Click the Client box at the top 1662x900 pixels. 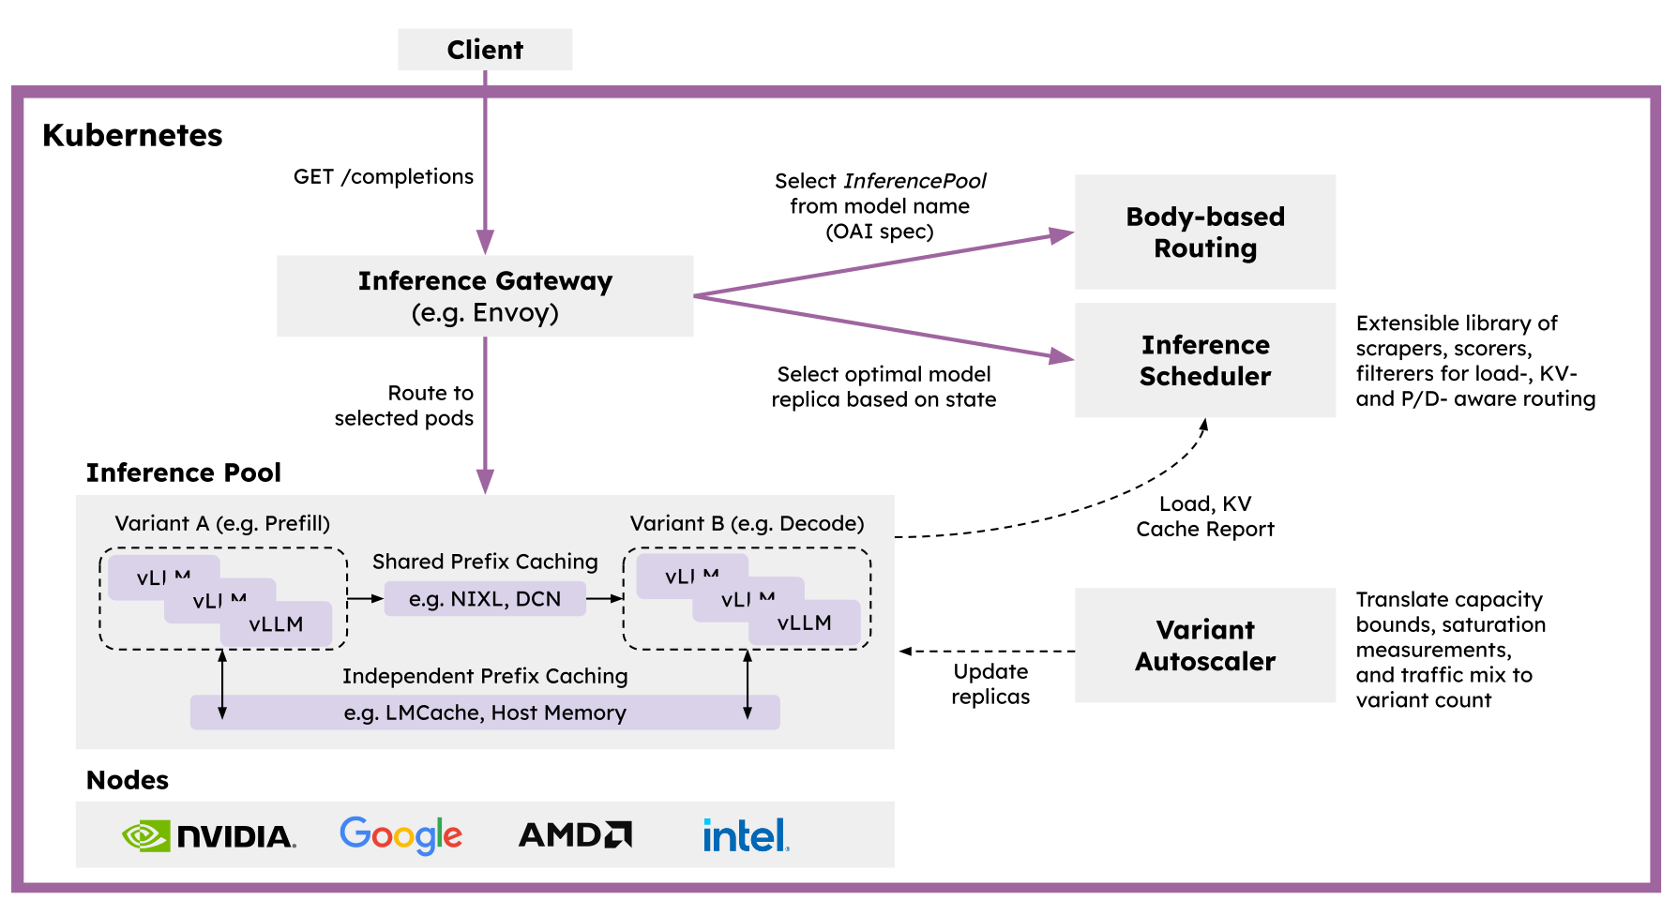tap(485, 49)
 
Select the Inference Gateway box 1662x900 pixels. tap(485, 296)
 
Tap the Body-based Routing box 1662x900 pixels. tap(1205, 232)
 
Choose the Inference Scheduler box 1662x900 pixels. tap(1205, 360)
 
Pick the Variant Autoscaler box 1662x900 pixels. tap(1205, 645)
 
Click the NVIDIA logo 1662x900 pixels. tap(209, 835)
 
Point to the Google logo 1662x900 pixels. tap(400, 834)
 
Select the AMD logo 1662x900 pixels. tap(575, 834)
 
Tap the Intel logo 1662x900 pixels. tap(746, 835)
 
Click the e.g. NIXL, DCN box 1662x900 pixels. tap(485, 599)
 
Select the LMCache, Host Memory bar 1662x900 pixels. tap(485, 712)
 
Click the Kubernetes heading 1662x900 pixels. tap(132, 135)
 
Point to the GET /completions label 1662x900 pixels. tap(383, 176)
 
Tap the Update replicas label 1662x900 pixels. tap(990, 683)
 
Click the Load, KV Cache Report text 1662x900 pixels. tap(1205, 517)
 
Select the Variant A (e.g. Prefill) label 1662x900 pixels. tap(222, 523)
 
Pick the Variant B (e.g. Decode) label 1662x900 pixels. tap(747, 523)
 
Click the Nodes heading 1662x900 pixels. tap(128, 780)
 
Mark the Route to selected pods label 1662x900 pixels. tap(404, 405)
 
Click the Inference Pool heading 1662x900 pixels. tap(184, 472)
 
